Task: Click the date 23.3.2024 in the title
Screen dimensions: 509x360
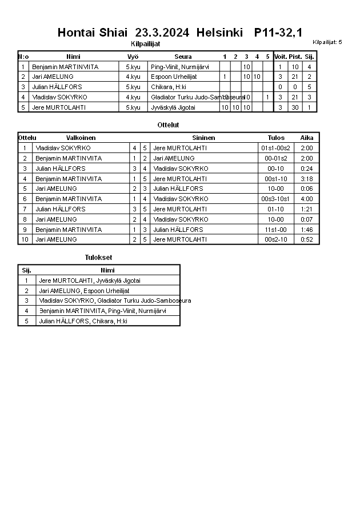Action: (x=162, y=33)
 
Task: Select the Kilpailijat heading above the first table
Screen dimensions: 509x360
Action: (x=145, y=43)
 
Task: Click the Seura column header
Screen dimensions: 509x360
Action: (x=183, y=57)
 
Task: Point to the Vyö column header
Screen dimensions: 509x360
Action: (x=133, y=57)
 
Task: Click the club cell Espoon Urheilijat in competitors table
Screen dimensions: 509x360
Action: (x=174, y=77)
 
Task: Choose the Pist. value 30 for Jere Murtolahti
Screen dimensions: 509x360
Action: (x=295, y=107)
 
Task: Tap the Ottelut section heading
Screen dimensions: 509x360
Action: (x=168, y=125)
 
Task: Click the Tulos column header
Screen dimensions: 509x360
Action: (x=276, y=138)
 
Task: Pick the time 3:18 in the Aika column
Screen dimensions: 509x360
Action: (x=306, y=179)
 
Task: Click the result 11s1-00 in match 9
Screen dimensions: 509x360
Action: (x=276, y=230)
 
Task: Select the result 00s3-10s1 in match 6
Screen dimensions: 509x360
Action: (x=276, y=199)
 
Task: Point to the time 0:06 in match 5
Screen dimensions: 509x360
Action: (x=306, y=189)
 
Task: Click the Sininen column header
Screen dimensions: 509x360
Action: (x=203, y=138)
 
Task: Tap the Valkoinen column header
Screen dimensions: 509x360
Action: (x=81, y=138)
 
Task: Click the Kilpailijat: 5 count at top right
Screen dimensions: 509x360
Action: (x=327, y=42)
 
